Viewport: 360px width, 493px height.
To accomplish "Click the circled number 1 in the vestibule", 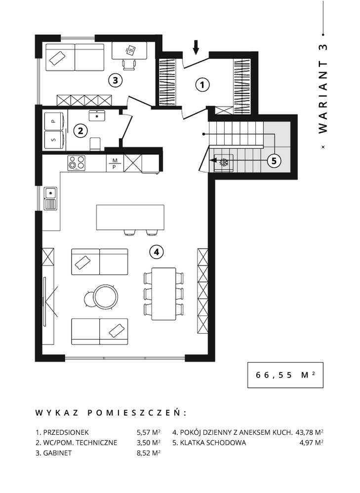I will point(201,85).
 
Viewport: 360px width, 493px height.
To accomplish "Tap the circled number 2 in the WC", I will point(80,131).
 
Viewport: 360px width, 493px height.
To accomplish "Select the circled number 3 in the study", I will point(115,79).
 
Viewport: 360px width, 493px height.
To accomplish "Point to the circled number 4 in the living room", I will point(156,252).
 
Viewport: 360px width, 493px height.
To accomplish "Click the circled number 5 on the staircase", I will point(274,160).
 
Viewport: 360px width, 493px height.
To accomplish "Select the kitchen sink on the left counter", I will point(50,198).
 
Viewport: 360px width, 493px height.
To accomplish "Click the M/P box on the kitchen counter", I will point(115,163).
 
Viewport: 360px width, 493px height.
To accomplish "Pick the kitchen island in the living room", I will point(130,217).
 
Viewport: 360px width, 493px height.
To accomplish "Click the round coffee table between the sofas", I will point(106,297).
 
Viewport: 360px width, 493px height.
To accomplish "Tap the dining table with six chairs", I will point(163,294).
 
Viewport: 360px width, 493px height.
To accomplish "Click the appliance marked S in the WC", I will point(54,140).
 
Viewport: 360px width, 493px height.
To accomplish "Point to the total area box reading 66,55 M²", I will point(285,375).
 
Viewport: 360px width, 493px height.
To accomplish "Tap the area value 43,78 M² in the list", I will point(309,431).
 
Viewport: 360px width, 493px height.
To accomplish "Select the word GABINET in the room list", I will point(58,453).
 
